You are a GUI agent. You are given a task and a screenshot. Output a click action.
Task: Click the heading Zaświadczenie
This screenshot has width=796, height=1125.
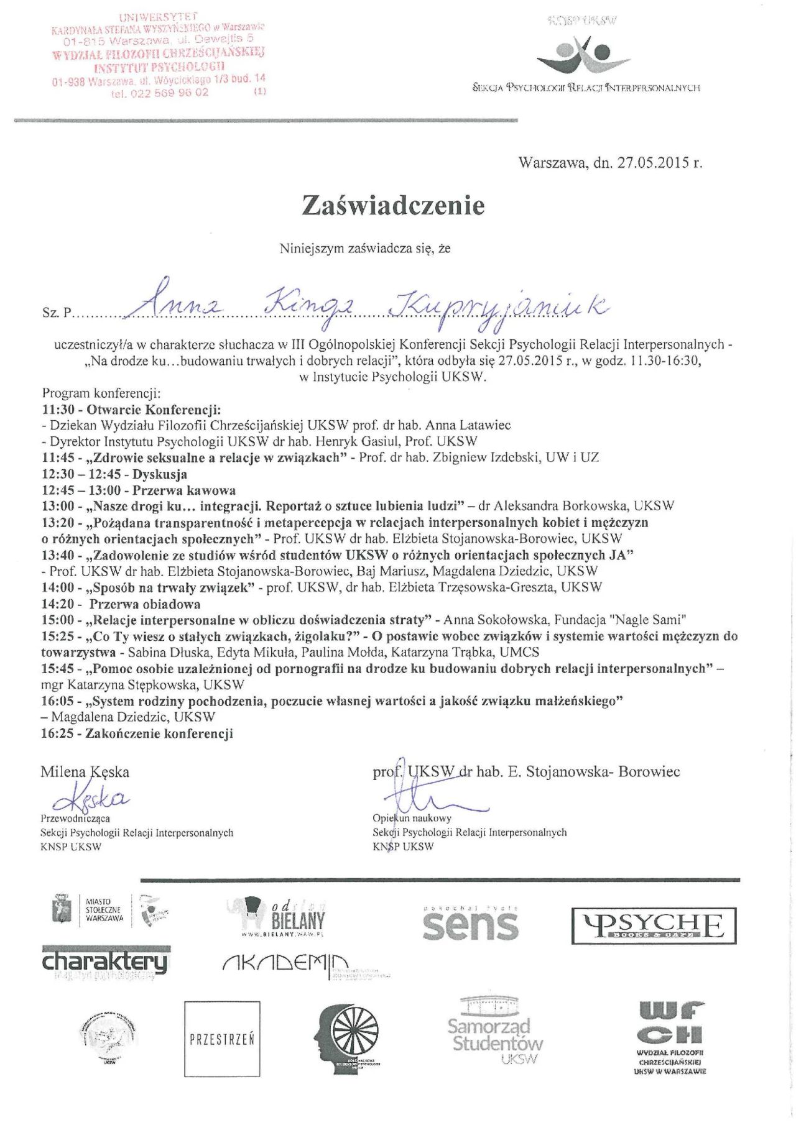392,205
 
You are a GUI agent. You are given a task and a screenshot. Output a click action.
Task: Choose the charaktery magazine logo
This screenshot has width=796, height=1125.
105,962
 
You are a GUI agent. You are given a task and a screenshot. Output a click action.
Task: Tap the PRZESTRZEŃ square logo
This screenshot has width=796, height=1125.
222,1039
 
